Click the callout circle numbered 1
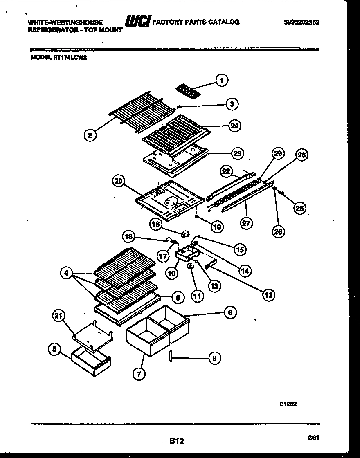[x=222, y=81]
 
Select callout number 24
[x=234, y=126]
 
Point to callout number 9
[x=213, y=359]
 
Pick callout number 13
[x=268, y=294]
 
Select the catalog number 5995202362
[x=301, y=22]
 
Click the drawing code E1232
[x=288, y=404]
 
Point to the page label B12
[x=176, y=441]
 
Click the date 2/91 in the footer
[x=313, y=438]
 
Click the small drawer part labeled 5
[x=90, y=363]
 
